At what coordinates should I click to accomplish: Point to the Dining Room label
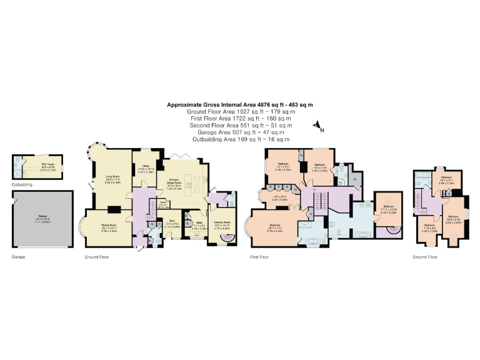coord(108,229)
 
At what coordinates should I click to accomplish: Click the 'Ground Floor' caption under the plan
coord(97,257)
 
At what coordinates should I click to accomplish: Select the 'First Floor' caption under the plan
coord(260,257)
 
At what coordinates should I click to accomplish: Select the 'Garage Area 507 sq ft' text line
coord(239,132)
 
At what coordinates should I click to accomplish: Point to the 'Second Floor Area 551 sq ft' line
coord(239,125)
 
